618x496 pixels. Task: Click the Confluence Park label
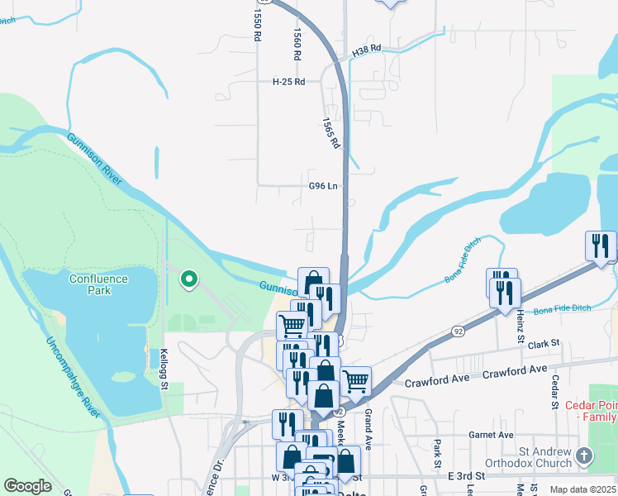coord(98,284)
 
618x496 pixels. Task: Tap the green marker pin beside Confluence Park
coord(189,281)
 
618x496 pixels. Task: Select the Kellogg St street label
coord(164,370)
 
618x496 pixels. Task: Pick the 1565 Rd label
coord(331,132)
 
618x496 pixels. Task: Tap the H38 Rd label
coord(366,50)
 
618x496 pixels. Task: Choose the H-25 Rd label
coord(289,82)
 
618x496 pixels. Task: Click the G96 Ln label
coord(323,186)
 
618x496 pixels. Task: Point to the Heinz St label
coord(521,323)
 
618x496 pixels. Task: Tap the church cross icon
coord(584,456)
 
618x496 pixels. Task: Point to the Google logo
coord(27,486)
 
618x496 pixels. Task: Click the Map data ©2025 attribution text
coord(582,489)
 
